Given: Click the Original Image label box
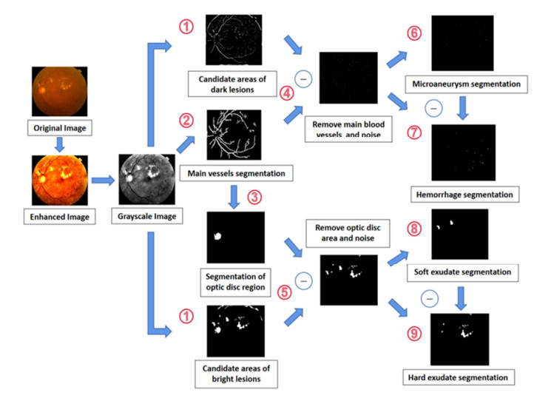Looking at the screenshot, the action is pos(60,128).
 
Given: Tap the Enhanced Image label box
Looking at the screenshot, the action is pos(59,217).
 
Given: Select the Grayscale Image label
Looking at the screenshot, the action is pos(147,216).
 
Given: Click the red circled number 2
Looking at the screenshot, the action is pos(186,121).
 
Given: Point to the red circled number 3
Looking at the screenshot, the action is pos(254,197).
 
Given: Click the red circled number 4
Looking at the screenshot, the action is pos(286,93).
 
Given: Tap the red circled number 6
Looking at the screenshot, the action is pos(414,33).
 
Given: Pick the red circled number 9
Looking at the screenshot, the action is pos(414,333).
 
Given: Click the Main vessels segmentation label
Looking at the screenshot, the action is pos(237,173).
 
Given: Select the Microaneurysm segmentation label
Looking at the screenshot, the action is pos(467,84).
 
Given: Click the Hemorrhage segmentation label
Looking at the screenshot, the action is pos(465,195).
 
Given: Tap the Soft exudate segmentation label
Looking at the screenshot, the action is pos(462,272).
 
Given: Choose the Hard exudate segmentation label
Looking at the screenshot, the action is pos(459,377).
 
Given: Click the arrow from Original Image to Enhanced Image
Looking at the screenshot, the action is pos(59,144).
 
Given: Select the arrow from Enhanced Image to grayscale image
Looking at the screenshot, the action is pos(103,181).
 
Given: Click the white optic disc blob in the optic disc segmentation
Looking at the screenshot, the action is pos(217,237).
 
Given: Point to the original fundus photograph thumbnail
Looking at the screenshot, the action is pos(59,91).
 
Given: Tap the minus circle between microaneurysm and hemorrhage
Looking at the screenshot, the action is pos(433,108).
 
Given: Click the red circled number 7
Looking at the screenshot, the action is pos(414,132).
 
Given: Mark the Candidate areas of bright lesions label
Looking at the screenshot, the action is pos(237,374).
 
